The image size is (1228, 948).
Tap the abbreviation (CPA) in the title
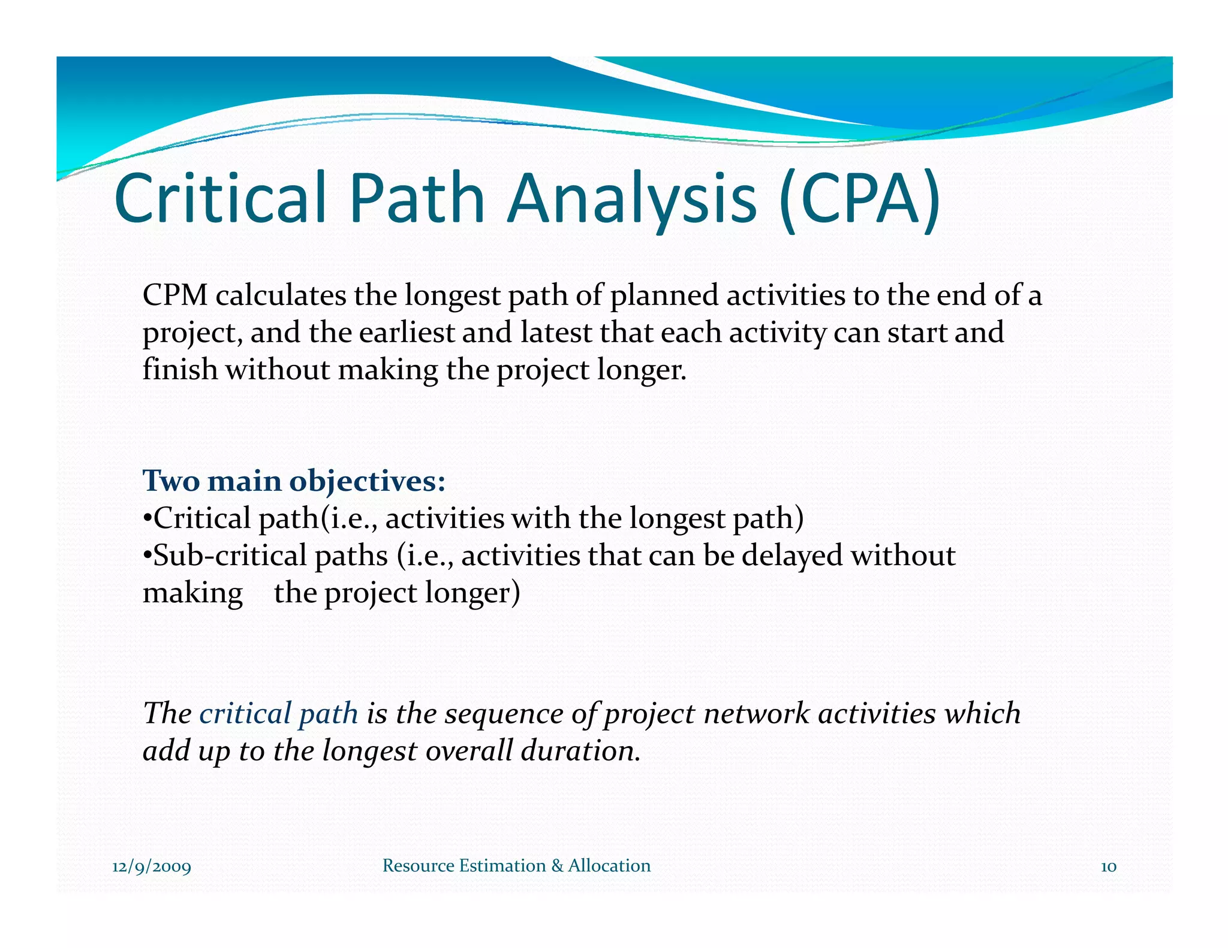(859, 198)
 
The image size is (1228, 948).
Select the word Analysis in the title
(633, 198)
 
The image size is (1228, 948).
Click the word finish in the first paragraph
(179, 369)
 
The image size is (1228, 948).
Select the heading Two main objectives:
(294, 481)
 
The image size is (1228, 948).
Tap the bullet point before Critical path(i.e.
(147, 518)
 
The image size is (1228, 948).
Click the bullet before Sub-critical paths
(147, 556)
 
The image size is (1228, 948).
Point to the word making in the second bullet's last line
(192, 593)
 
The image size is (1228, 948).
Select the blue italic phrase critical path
(278, 713)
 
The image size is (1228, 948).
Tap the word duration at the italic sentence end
(577, 750)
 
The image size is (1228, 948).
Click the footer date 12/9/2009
(152, 867)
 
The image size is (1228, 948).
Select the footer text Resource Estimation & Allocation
(516, 865)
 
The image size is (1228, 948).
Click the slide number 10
(1108, 867)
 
